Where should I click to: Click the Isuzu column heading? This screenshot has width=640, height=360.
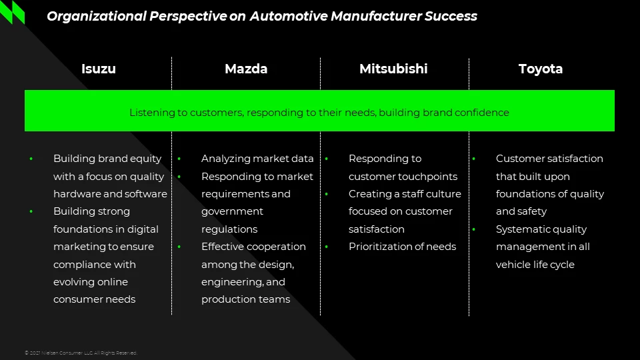98,69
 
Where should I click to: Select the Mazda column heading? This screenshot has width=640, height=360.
246,69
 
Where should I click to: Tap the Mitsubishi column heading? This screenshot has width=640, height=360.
393,69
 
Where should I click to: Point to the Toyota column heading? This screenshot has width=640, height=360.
541,69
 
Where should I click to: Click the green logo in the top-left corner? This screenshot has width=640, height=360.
13,11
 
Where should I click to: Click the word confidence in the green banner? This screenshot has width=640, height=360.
482,113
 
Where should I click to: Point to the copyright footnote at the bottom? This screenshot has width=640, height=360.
81,353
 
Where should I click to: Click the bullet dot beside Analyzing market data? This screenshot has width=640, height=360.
179,159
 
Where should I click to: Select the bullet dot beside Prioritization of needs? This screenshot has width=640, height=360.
327,247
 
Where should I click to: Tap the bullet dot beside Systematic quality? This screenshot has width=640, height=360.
474,229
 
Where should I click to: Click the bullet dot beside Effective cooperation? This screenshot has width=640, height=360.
179,247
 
